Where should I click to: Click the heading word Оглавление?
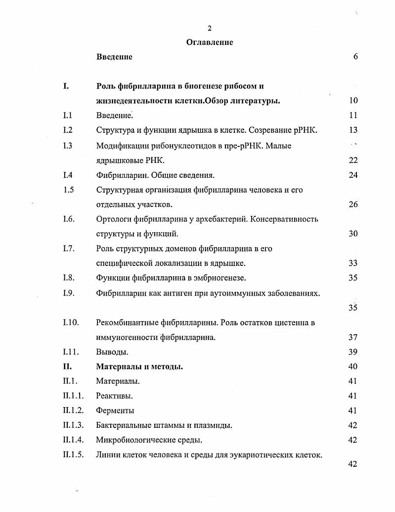210,42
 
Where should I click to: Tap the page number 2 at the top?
210,28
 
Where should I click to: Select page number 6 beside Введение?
355,56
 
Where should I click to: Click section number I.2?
68,130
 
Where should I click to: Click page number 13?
353,130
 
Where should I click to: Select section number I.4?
68,175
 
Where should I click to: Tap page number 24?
353,175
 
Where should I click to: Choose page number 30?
353,234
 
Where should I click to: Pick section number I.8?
69,278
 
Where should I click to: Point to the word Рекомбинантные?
128,322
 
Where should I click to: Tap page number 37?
353,337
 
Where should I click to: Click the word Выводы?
112,352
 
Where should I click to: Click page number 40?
353,367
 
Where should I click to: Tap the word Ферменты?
115,410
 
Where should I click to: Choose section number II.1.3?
74,425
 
